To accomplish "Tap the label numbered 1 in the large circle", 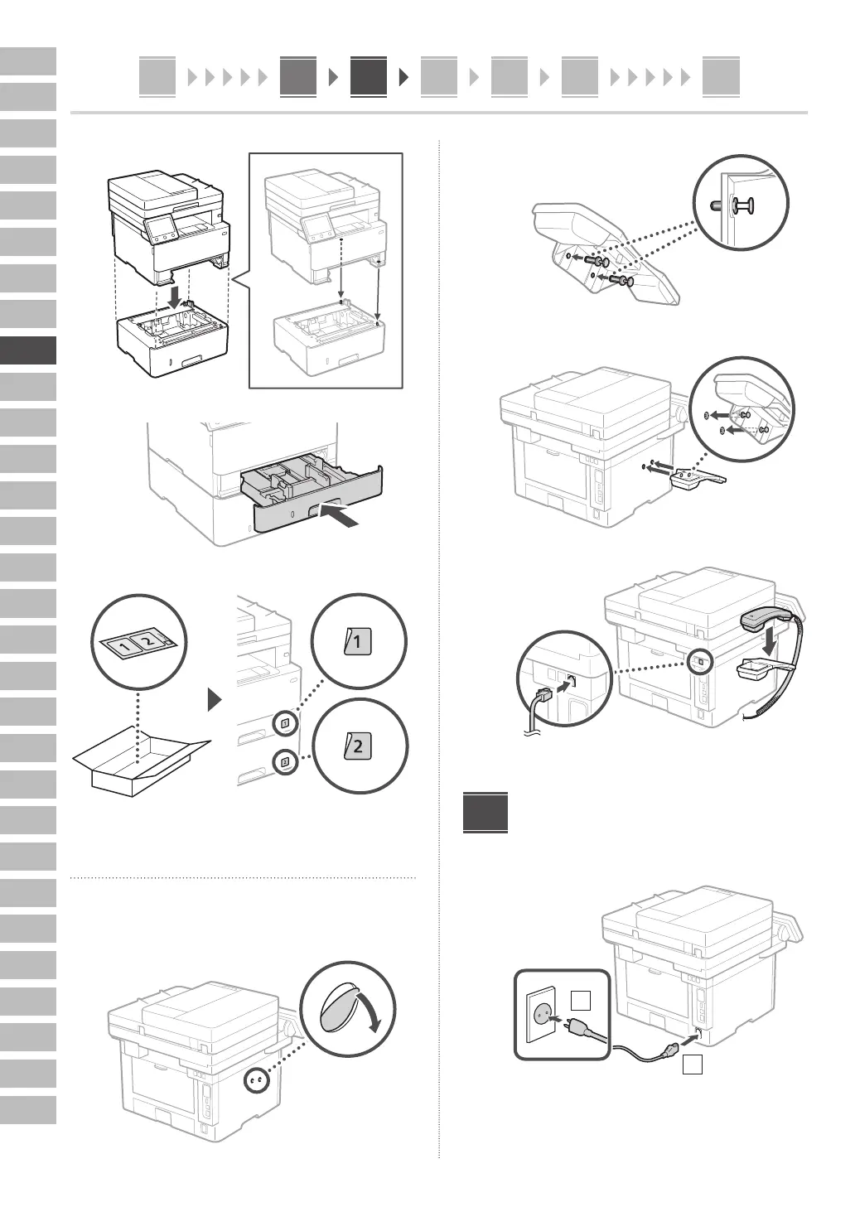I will (358, 642).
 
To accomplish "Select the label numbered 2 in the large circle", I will (359, 746).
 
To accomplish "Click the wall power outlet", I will (543, 1013).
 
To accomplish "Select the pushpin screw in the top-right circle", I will (742, 204).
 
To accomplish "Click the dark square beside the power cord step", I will (485, 813).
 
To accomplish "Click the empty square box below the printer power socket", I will (693, 1065).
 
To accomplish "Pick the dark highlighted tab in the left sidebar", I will (28, 350).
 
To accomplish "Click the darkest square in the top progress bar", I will (368, 77).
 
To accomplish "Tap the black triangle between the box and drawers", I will (215, 701).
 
